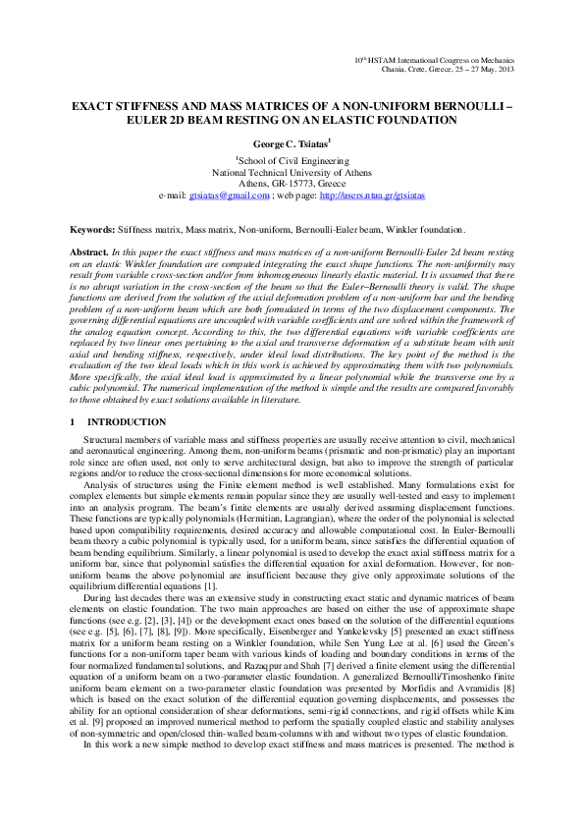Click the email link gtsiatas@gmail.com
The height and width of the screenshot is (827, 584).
point(230,195)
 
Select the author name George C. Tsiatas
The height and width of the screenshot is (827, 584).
point(291,143)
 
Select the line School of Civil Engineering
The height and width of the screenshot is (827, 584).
point(292,159)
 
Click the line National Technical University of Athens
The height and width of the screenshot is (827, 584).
point(292,171)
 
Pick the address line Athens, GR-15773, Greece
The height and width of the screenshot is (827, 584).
point(292,183)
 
